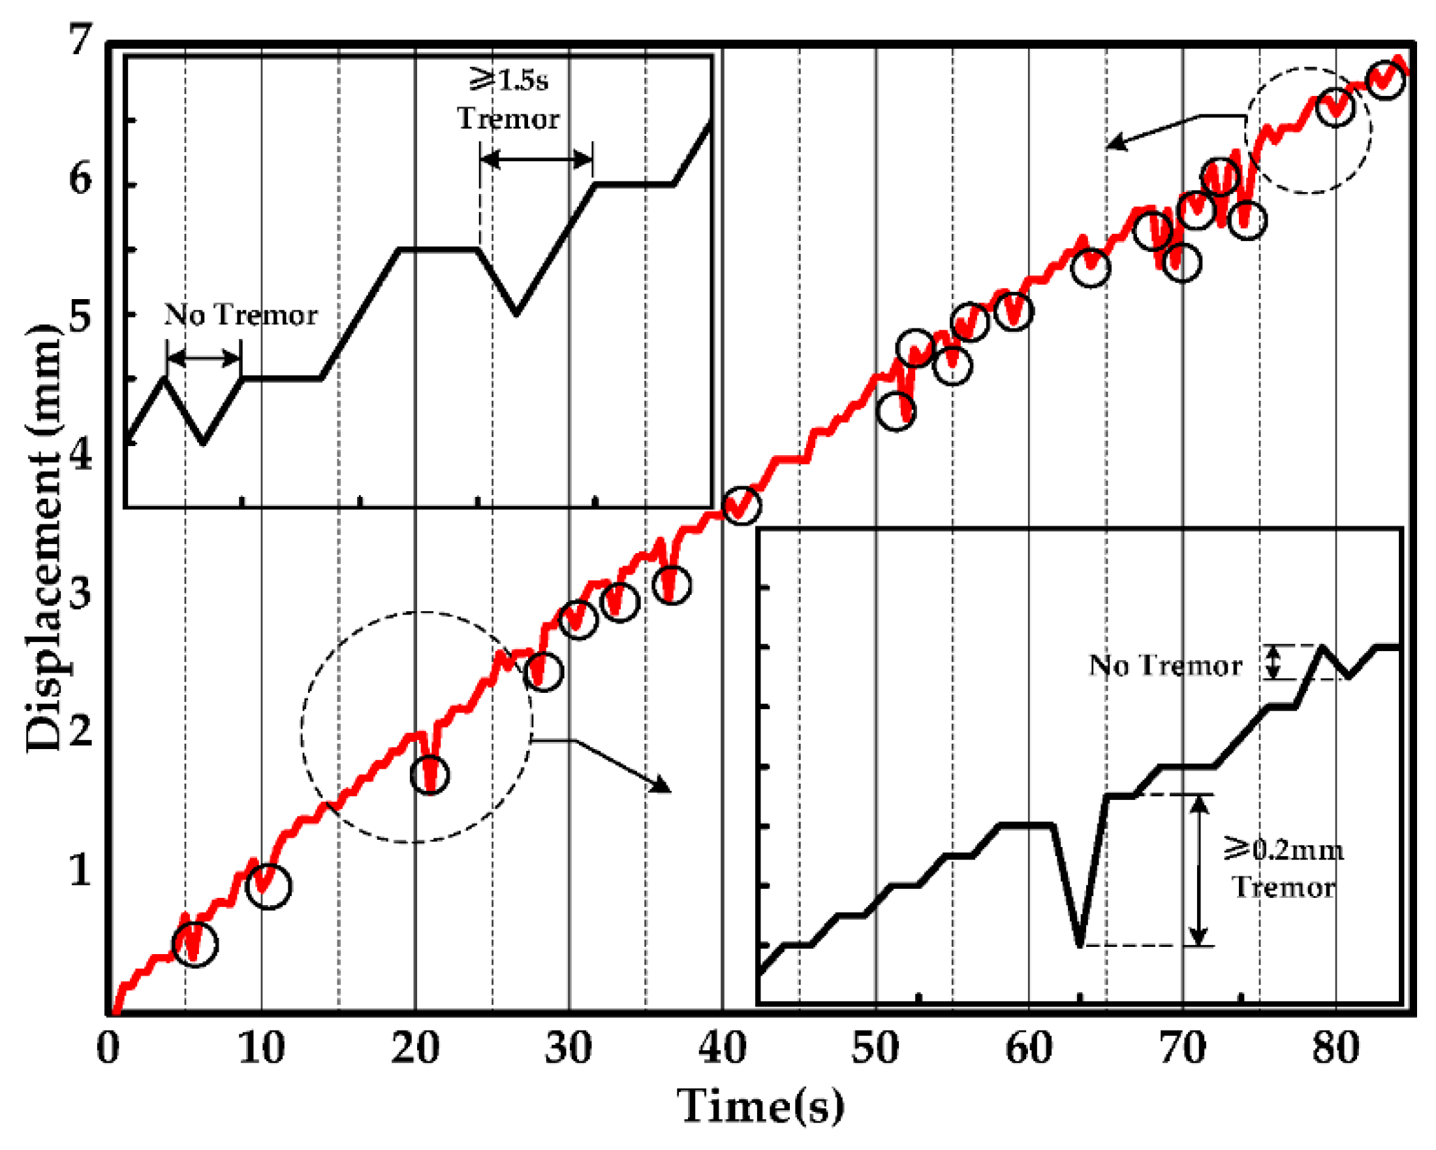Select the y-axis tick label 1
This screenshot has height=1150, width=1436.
[x=79, y=869]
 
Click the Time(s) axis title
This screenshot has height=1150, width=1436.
[x=760, y=1107]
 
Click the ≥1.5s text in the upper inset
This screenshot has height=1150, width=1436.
[x=509, y=80]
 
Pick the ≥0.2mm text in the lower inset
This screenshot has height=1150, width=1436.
[x=1283, y=850]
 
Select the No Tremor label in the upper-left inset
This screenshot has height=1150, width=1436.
[x=240, y=315]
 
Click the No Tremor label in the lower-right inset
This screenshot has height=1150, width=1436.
[x=1165, y=665]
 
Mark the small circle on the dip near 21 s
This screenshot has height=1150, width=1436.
[x=429, y=775]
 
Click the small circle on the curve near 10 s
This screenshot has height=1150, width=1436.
[x=268, y=886]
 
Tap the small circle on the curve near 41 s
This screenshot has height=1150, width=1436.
[x=741, y=505]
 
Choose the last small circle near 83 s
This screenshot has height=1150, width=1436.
[x=1385, y=80]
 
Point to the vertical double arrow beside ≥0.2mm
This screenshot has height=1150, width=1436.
[x=1199, y=870]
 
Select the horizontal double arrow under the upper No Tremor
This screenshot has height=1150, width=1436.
[x=204, y=359]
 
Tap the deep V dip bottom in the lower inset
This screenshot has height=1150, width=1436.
[x=1080, y=944]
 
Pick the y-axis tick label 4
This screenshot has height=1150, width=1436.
[x=79, y=456]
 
